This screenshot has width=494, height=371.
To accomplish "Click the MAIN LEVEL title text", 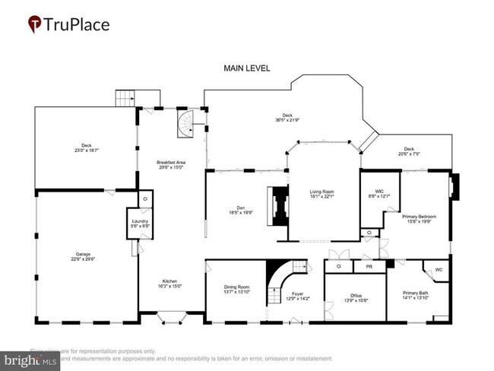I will click(246, 68).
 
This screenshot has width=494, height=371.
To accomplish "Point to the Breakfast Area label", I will click(171, 164).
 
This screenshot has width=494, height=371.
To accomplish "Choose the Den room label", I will click(236, 211).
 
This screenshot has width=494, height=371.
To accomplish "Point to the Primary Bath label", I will click(415, 296).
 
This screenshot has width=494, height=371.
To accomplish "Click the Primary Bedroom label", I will click(421, 220).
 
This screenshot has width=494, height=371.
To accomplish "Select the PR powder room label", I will click(369, 267).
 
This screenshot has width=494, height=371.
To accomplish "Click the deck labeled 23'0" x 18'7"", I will click(86, 149).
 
